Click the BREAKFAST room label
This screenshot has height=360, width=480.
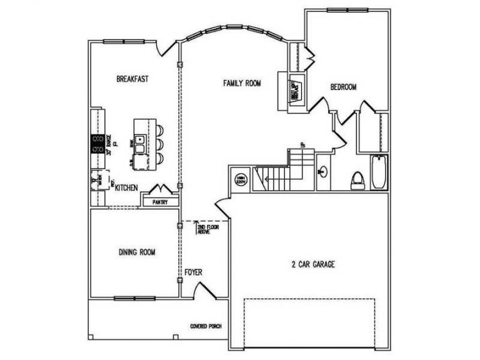pos(132,79)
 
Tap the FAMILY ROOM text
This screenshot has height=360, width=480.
pos(242,83)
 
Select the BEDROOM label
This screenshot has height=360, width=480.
pos(343,87)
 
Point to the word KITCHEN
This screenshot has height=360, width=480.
pos(126,189)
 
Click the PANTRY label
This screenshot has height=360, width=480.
pos(160,201)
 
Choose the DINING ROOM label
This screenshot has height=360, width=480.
pos(137,253)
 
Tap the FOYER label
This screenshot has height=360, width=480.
pos(194,272)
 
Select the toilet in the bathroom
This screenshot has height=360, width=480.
pos(358,179)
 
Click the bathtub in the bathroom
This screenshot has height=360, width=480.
pos(378,173)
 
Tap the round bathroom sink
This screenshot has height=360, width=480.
pos(323,171)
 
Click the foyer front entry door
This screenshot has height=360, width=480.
pos(200,289)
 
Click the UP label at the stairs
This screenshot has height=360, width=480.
pos(303,145)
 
